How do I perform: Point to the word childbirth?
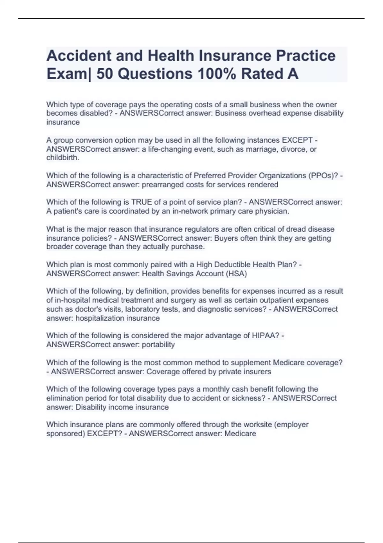tap(62, 158)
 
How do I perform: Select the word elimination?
tap(63, 398)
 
